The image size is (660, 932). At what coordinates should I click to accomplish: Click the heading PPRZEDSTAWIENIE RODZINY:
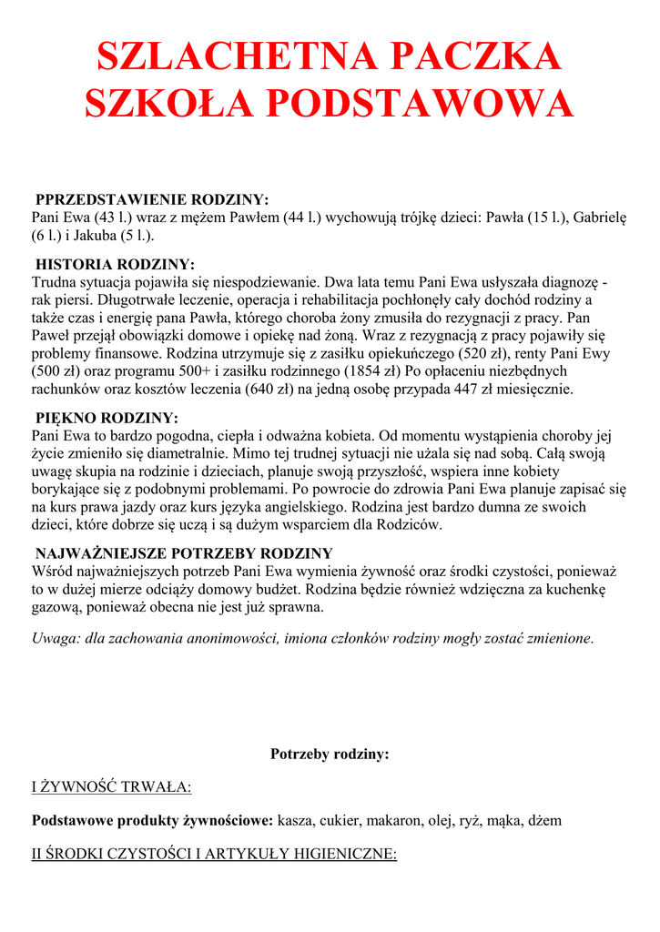152,199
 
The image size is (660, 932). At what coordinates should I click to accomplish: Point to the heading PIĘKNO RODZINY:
107,418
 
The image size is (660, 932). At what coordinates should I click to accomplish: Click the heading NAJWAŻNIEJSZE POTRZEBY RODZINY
184,553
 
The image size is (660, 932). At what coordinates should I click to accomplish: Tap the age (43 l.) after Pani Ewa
118,218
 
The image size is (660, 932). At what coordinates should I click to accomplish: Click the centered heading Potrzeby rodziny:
330,754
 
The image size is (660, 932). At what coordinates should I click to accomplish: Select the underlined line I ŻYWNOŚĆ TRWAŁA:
111,786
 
